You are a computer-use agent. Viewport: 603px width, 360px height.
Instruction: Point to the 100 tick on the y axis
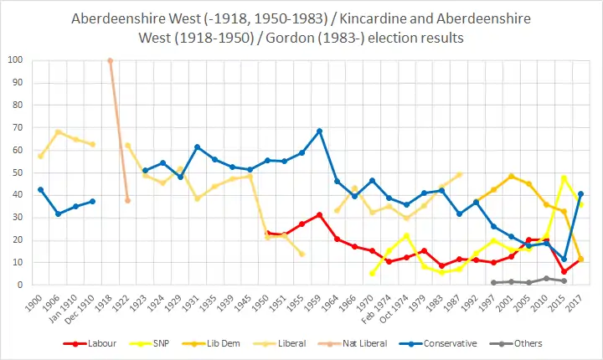coord(15,60)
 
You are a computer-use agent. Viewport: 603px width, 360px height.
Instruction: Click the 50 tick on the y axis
coord(18,172)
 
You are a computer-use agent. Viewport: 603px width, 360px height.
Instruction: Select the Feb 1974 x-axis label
coord(384,306)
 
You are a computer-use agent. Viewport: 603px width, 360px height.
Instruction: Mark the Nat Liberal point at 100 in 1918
coord(110,60)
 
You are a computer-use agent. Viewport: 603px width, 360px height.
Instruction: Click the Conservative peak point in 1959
coord(319,131)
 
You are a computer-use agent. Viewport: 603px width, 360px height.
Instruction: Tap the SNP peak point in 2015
coord(564,177)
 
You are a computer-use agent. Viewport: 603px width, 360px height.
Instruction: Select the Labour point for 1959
coord(319,214)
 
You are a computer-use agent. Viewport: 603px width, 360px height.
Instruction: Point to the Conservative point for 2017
coord(580,193)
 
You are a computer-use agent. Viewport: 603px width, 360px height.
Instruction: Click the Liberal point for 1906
coord(58,131)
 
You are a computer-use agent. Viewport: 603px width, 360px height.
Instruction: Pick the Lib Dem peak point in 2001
coord(511,176)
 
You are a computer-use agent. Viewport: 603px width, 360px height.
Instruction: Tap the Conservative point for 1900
coord(40,189)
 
